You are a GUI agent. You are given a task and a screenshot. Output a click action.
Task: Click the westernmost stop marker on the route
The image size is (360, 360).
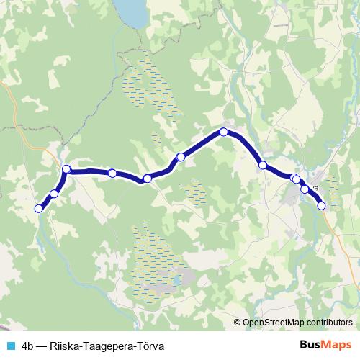(39, 208)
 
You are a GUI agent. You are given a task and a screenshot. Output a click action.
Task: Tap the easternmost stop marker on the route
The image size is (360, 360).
(321, 206)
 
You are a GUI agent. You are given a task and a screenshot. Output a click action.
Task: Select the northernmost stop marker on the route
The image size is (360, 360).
(224, 132)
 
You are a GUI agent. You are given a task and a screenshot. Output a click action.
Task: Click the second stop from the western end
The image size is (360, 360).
(54, 194)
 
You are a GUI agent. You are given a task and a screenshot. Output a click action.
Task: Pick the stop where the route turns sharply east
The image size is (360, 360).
(66, 169)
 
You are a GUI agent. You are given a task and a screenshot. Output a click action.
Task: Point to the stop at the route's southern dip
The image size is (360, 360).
(147, 179)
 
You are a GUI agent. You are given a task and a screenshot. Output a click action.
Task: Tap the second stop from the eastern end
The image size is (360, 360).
(305, 189)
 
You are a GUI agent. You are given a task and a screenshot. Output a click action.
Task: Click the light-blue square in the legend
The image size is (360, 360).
(10, 345)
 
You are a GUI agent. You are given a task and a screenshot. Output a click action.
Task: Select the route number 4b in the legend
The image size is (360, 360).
(29, 345)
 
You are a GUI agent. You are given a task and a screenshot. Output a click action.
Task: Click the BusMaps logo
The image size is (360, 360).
(327, 344)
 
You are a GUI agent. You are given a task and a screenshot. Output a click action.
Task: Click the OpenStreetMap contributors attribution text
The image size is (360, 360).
(298, 322)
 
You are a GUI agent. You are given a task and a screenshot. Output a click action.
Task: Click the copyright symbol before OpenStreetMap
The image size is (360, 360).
(238, 322)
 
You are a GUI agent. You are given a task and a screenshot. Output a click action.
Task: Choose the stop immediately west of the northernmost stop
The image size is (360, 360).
(181, 157)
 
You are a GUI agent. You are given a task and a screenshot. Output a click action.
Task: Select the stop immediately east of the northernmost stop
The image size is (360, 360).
(263, 166)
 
